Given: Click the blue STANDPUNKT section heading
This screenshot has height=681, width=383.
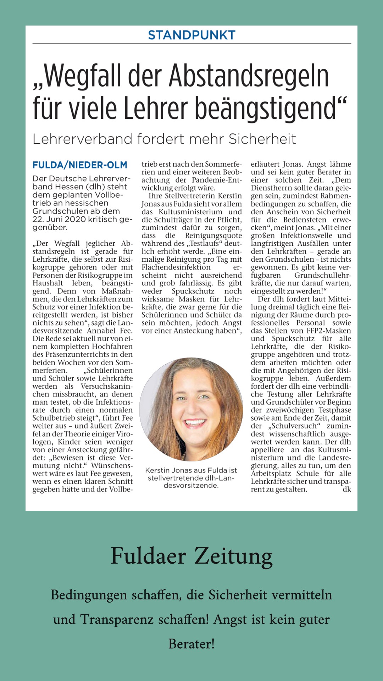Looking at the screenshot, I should [191, 35].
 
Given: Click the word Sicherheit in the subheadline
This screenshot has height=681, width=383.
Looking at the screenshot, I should [262, 139].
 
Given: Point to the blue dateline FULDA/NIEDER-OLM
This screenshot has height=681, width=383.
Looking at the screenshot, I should [80, 165].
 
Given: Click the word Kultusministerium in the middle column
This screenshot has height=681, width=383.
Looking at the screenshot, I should [190, 212].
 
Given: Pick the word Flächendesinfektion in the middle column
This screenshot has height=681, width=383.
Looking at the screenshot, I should [176, 267].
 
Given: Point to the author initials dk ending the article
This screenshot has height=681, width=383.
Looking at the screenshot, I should [346, 489].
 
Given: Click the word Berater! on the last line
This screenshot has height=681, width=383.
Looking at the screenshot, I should [191, 644].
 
